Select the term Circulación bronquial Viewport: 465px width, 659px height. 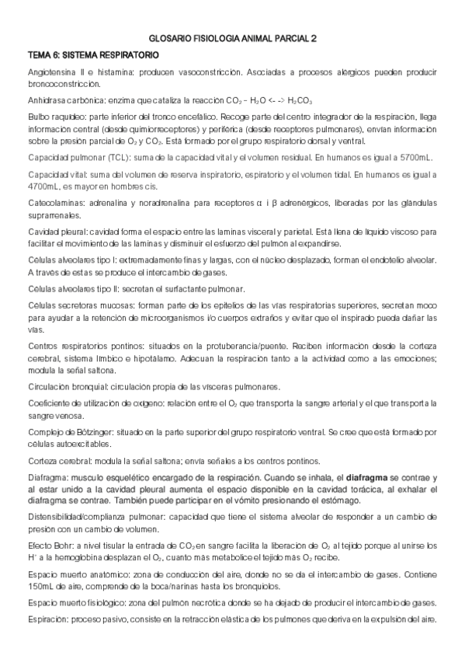click(x=68, y=387)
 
